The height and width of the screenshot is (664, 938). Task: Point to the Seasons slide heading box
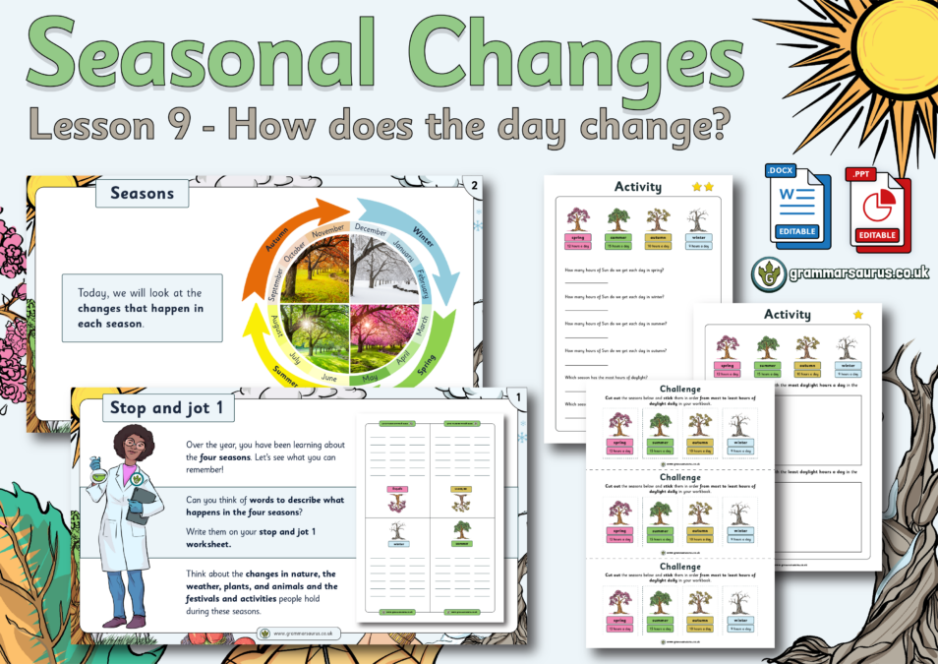pos(142,193)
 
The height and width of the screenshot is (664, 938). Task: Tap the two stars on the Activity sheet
pos(704,186)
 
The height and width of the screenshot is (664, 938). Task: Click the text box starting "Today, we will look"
pos(142,308)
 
